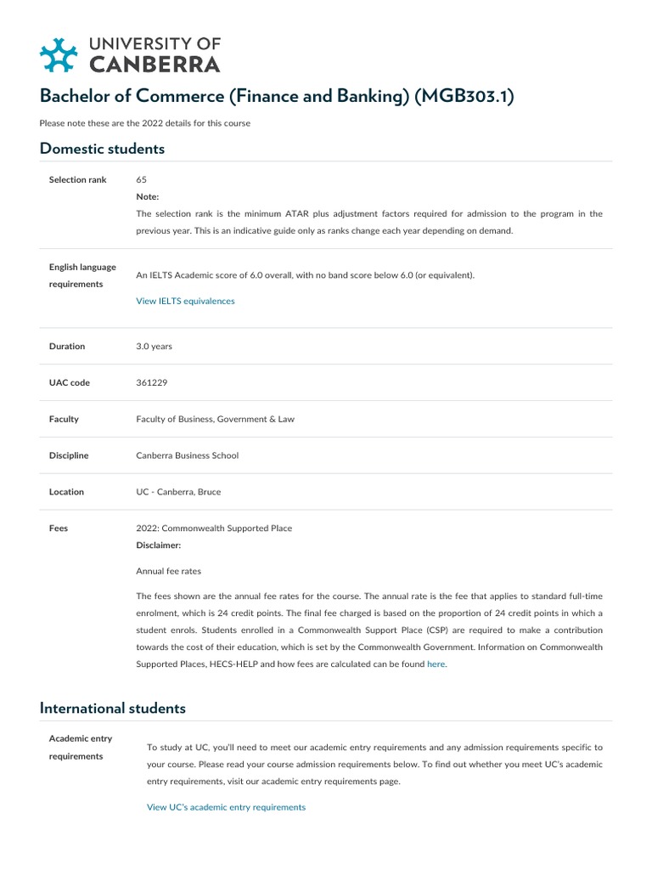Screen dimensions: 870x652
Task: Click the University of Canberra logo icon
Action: click(59, 54)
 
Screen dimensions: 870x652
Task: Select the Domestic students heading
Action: click(102, 149)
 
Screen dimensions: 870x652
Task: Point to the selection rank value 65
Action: click(142, 180)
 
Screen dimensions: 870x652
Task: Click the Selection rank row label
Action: click(78, 180)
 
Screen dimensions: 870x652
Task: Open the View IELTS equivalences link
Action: click(185, 301)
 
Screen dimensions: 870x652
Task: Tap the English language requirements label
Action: click(82, 275)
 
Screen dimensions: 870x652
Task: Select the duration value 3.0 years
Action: click(154, 347)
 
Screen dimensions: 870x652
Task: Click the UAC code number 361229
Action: click(152, 383)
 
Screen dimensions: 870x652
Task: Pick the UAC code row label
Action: click(69, 383)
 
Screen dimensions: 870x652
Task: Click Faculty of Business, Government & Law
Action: click(215, 419)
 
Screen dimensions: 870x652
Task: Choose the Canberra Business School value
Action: click(187, 455)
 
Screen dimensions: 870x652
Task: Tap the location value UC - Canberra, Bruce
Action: click(179, 492)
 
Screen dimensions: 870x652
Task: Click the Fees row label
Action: click(59, 528)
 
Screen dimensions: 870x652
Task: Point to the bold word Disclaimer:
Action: click(159, 545)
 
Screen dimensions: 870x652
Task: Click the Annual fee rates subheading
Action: click(168, 571)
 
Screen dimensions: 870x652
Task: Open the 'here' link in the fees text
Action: click(436, 664)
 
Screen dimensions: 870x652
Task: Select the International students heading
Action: click(112, 708)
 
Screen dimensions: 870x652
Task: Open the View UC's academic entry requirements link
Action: click(226, 807)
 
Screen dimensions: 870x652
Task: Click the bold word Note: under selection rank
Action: click(148, 196)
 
